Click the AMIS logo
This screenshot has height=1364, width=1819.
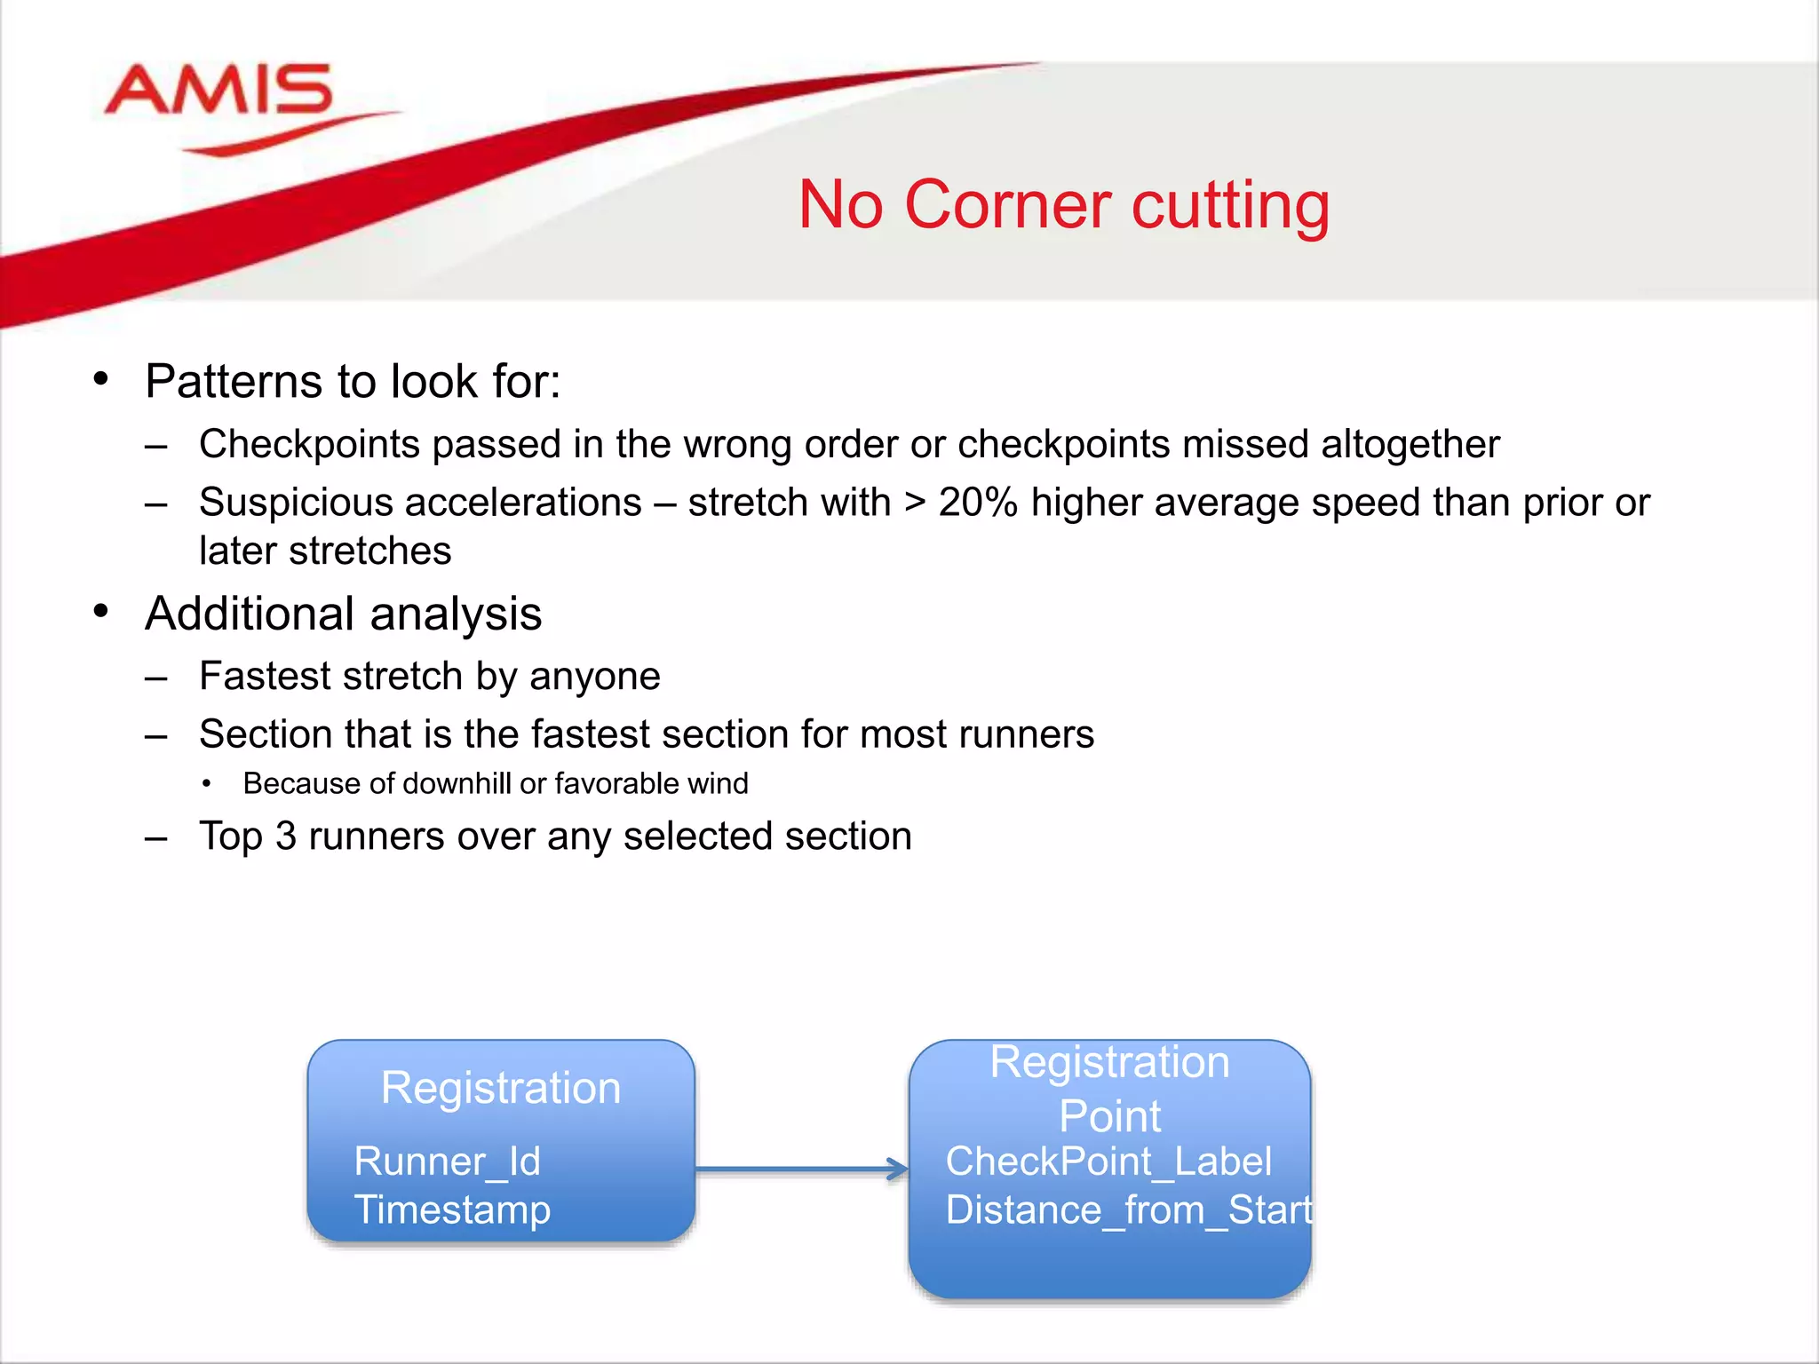pos(218,93)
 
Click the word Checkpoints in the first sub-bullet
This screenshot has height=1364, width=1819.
pos(309,444)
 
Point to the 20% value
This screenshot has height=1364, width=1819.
pos(978,503)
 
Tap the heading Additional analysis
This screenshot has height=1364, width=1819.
pos(343,614)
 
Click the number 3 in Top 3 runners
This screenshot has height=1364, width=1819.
pos(285,837)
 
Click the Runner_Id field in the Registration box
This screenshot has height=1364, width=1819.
pos(447,1162)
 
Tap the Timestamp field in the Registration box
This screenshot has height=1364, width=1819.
pos(452,1210)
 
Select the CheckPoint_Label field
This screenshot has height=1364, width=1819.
pos(1108,1162)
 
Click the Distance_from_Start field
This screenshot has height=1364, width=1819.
pos(1128,1210)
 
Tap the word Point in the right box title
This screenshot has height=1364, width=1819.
pos(1109,1116)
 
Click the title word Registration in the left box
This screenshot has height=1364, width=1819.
pos(500,1088)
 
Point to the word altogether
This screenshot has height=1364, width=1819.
pos(1410,444)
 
